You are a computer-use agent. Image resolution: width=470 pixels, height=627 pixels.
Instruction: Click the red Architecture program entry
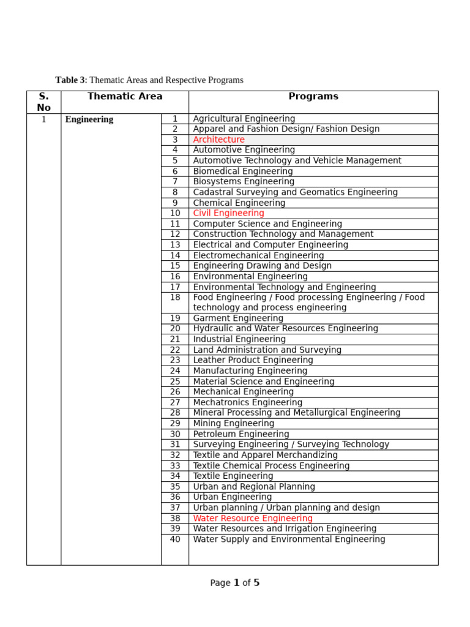tap(218, 140)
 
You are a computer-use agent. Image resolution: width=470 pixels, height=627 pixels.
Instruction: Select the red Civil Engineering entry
tap(228, 213)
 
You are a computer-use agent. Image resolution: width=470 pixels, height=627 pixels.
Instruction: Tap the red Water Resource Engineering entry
tap(253, 518)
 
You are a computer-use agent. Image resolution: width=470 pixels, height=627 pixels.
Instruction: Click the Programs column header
tap(313, 97)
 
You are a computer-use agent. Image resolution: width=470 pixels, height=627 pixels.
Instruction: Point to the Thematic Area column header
tap(125, 96)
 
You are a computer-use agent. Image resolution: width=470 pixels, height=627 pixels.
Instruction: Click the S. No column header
tap(43, 102)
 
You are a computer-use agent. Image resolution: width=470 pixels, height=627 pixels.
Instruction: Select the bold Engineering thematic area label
tap(89, 119)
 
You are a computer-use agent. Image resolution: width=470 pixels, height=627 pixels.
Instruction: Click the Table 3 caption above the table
tap(149, 80)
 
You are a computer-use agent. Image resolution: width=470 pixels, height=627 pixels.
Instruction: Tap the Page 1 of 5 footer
tap(235, 583)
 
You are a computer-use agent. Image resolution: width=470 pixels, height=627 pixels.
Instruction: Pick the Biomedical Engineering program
tap(243, 171)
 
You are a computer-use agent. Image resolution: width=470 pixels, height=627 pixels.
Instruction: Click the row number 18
tap(175, 297)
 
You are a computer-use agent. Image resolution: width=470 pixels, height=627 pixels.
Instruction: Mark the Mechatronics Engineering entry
tap(247, 402)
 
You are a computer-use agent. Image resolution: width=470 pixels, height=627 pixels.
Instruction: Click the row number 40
tap(175, 539)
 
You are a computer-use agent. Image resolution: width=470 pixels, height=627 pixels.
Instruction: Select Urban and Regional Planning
tap(254, 487)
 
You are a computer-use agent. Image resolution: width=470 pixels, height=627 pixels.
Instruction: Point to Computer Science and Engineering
tap(267, 224)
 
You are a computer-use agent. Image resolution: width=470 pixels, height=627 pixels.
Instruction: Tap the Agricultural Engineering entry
tap(244, 119)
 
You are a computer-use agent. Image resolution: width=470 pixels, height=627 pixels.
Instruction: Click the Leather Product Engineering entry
tap(253, 360)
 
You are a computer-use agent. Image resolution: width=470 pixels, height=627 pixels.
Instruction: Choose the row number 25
tap(175, 381)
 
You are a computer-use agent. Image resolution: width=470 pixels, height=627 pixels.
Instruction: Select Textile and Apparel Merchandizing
tap(265, 455)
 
